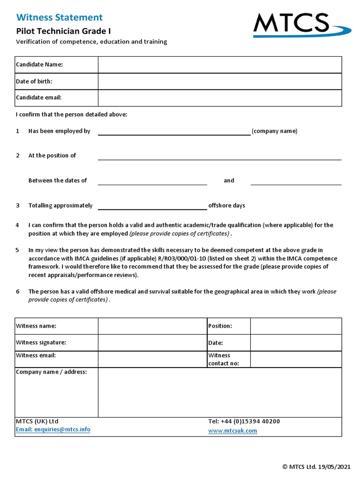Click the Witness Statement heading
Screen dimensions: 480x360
tap(59, 18)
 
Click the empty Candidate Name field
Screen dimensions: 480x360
tap(219, 65)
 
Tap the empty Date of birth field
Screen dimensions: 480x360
tap(219, 81)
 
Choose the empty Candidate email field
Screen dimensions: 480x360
tap(219, 97)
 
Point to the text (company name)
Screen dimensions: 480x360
tap(274, 131)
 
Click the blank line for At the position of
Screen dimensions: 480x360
tap(219, 156)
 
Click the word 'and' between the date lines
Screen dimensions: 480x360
tap(229, 180)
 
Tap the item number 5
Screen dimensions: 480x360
tap(17, 250)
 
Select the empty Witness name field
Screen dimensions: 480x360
tap(152, 326)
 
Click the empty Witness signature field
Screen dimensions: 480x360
tap(152, 343)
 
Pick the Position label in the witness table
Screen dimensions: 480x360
tap(220, 326)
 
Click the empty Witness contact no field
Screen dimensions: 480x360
tap(296, 359)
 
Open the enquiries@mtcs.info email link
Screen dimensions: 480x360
tap(53, 429)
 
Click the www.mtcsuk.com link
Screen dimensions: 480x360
tap(232, 431)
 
